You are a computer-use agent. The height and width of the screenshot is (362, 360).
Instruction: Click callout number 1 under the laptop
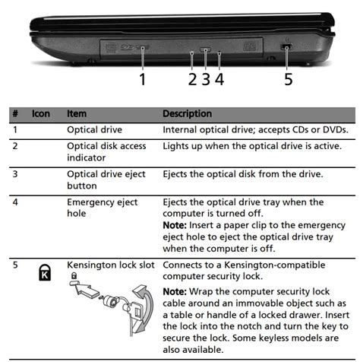point(143,79)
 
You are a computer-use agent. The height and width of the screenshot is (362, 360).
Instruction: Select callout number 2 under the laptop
point(192,79)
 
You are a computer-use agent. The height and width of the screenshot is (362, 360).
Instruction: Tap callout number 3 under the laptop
point(206,79)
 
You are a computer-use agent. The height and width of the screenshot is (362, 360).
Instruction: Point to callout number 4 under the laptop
point(219,79)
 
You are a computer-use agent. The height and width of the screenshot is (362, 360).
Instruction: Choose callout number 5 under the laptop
point(289,79)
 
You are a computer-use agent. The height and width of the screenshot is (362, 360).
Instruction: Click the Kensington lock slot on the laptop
point(286,47)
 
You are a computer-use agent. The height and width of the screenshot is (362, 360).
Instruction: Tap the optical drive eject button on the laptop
point(205,49)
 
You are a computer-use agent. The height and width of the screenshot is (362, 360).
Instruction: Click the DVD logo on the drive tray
point(127,47)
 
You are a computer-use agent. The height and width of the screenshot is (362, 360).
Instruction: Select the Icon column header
point(41,113)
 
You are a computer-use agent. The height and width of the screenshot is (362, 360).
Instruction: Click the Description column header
point(188,113)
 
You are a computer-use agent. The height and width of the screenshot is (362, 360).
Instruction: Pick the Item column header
point(77,113)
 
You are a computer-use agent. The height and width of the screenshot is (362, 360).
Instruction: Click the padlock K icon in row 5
point(45,272)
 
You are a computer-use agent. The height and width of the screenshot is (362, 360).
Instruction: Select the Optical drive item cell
point(94,130)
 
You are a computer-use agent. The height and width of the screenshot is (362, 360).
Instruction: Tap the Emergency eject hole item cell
point(103,208)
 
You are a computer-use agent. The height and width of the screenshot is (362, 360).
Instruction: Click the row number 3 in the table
point(15,174)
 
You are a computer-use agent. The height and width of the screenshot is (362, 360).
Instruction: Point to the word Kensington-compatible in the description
point(275,265)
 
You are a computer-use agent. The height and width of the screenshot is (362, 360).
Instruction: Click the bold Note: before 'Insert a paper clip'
point(175,225)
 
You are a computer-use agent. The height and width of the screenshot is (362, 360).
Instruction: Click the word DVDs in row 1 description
point(336,130)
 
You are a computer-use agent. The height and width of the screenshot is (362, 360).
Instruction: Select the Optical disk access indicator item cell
point(106,151)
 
